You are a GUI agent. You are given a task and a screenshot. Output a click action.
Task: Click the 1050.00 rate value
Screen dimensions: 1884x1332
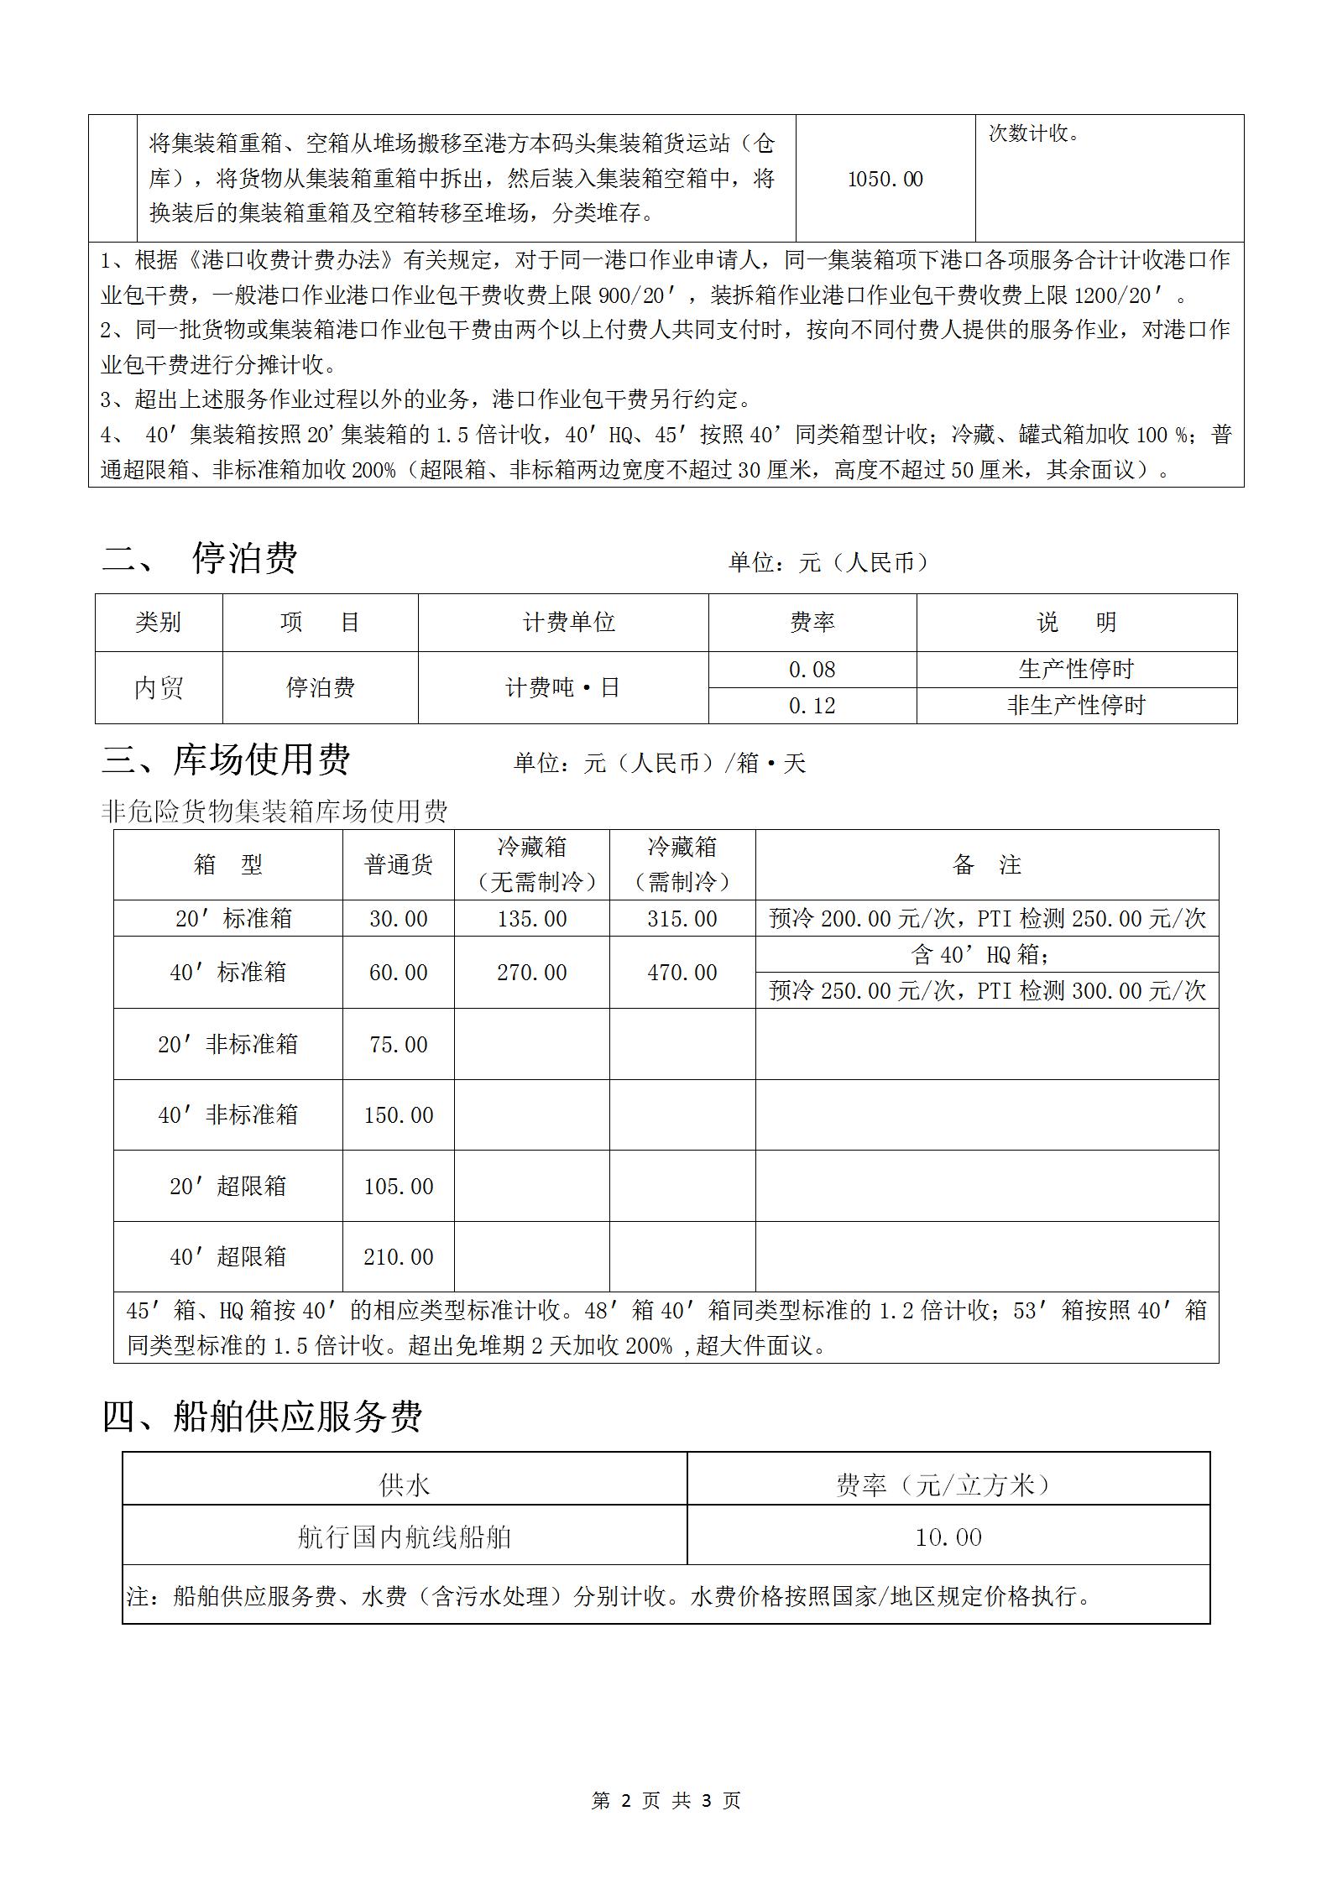[x=885, y=179]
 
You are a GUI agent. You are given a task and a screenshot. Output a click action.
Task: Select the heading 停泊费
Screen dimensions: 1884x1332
[x=244, y=557]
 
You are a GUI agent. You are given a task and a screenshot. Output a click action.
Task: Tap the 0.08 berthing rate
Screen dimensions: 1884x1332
[x=812, y=670]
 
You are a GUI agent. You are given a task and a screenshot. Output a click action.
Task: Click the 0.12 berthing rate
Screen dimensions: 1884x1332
[x=812, y=706]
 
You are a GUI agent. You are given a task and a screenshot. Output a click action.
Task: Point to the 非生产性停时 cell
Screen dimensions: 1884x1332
[x=1076, y=706]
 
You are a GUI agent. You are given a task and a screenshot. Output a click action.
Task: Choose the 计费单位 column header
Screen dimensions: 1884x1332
[x=568, y=622]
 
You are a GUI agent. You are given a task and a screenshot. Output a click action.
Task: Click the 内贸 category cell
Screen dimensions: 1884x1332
[x=159, y=688]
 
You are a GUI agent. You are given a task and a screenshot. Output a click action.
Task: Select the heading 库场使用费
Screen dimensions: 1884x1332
[x=262, y=759]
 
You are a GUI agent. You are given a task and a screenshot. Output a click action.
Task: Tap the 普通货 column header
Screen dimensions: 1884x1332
[x=399, y=864]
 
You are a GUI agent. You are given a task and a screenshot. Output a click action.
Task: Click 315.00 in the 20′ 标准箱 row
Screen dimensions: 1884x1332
[x=682, y=919]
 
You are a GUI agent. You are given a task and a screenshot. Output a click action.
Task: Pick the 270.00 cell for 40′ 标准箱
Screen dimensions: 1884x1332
[x=532, y=973]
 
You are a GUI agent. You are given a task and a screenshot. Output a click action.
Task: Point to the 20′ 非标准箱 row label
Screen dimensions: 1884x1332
[x=227, y=1044]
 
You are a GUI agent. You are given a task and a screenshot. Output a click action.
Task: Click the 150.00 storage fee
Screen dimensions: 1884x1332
[x=399, y=1115]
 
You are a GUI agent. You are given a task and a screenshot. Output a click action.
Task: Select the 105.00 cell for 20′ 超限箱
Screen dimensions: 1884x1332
[x=399, y=1187]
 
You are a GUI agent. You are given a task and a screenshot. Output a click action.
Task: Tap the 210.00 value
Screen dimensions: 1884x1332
[x=399, y=1257]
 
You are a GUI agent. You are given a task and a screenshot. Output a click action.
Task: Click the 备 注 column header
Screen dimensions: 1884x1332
[x=986, y=864]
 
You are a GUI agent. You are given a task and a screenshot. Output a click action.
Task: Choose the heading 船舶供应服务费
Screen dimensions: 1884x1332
[x=298, y=1417]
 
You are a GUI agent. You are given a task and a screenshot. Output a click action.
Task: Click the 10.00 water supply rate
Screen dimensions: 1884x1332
[x=948, y=1537]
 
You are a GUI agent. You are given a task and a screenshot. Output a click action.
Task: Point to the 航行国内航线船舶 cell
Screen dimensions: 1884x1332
[x=404, y=1537]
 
